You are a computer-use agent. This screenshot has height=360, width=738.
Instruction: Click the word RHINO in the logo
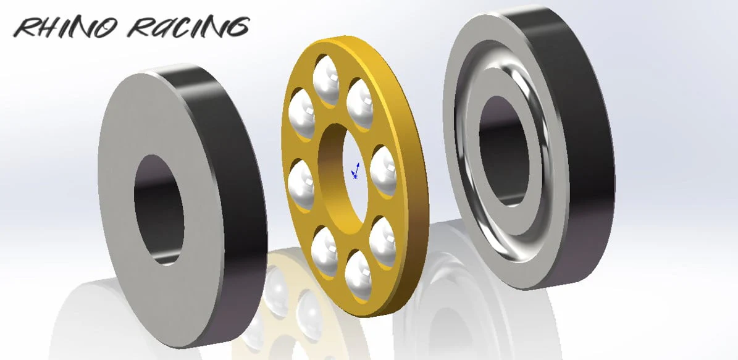[65, 28]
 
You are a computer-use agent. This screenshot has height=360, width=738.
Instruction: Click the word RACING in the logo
[189, 27]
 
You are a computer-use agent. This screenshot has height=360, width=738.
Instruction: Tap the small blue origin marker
[356, 171]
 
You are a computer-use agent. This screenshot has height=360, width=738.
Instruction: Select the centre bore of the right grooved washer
[503, 151]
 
